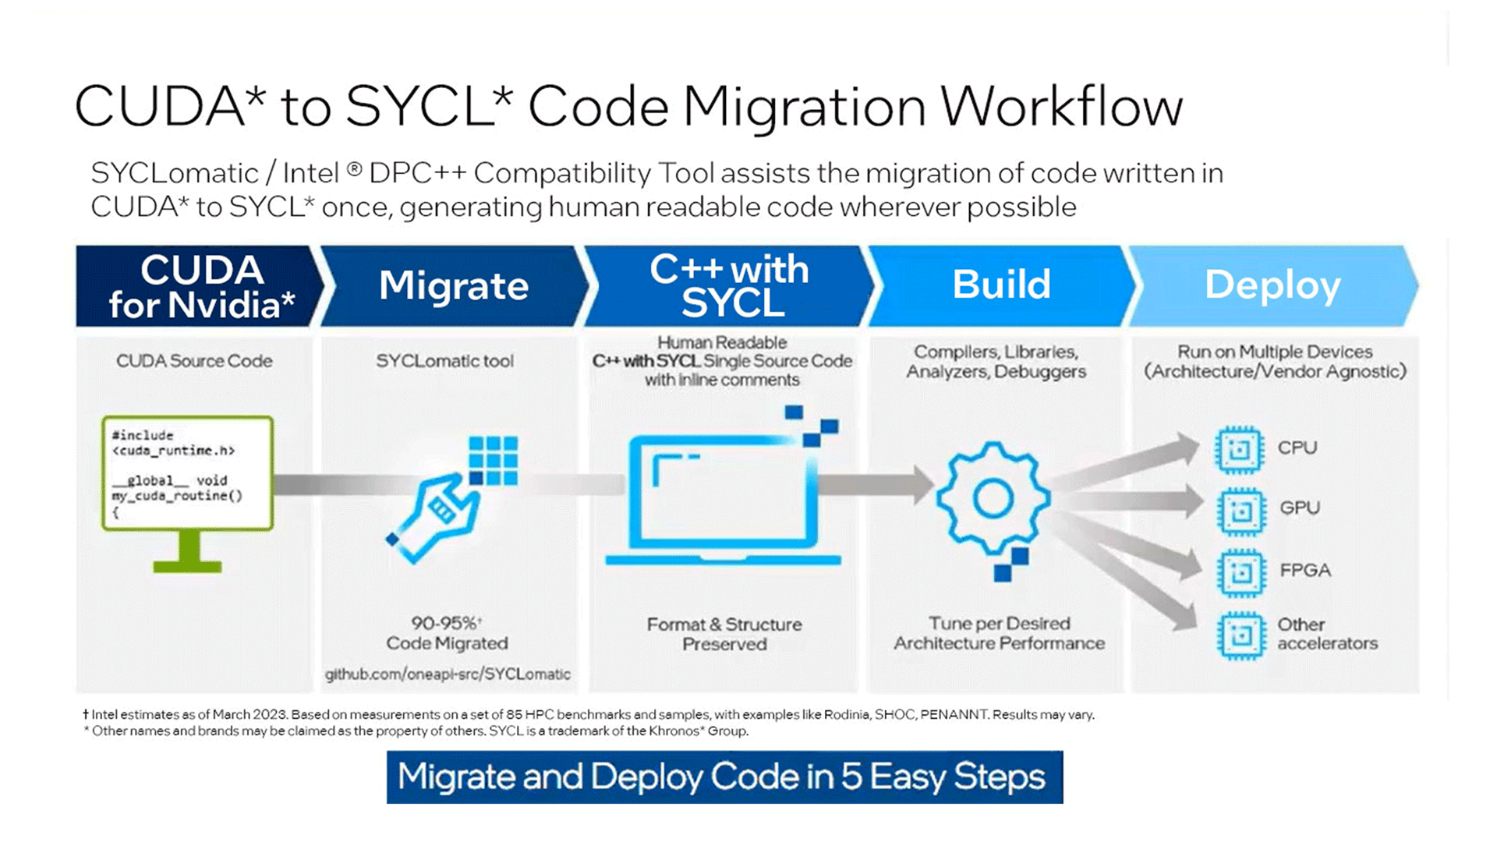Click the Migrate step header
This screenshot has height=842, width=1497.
[453, 285]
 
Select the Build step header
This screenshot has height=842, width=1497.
[1001, 285]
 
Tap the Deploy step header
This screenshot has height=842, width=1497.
[1272, 285]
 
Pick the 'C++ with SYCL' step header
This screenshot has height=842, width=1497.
[730, 285]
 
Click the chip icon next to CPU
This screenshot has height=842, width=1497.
[1238, 450]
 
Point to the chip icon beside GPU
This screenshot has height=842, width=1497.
[1240, 511]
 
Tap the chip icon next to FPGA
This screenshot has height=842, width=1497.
[1240, 573]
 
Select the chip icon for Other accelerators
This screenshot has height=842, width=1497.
[1240, 635]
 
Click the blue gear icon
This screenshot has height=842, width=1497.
[993, 499]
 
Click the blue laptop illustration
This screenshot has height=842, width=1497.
[724, 499]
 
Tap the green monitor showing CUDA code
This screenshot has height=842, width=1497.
[188, 491]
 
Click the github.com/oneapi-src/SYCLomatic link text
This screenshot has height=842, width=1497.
[448, 674]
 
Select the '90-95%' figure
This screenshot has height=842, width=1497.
[444, 624]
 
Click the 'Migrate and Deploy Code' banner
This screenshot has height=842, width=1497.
[724, 777]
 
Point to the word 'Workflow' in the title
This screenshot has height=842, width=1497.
[1062, 106]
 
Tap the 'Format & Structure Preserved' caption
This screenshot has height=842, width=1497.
[724, 635]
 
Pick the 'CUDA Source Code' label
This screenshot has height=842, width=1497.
[194, 361]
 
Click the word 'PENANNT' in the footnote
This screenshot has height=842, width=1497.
[953, 714]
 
